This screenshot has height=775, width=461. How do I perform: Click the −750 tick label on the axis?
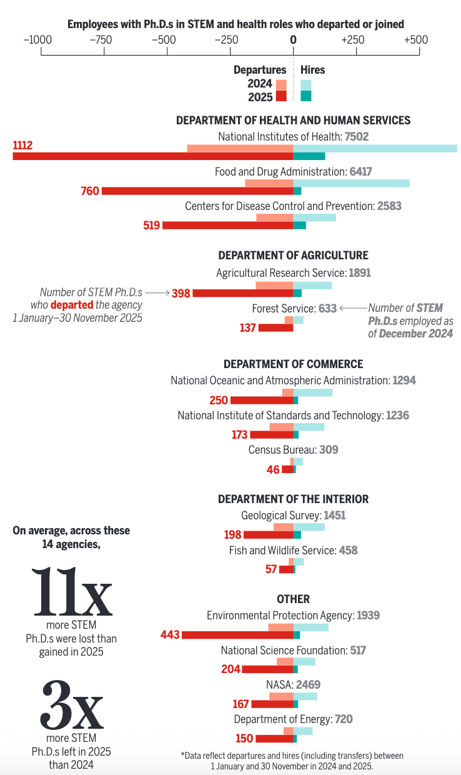101,39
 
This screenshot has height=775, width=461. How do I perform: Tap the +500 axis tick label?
415,39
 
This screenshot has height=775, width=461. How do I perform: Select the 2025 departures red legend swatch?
281,96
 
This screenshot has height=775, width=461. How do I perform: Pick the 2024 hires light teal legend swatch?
305,84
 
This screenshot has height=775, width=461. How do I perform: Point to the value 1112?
22,146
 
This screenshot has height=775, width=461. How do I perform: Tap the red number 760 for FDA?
90,191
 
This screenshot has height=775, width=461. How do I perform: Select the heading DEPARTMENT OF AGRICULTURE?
293,255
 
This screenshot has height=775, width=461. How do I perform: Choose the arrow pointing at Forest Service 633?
353,307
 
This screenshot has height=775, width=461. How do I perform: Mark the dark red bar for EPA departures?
237,635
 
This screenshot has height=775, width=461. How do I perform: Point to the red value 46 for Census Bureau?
273,469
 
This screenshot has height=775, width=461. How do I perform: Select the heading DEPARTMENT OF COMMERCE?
293,364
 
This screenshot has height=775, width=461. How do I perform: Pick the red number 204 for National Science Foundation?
230,669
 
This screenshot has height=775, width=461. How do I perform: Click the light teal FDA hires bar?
351,183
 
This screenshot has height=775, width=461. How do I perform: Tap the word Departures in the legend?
260,70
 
